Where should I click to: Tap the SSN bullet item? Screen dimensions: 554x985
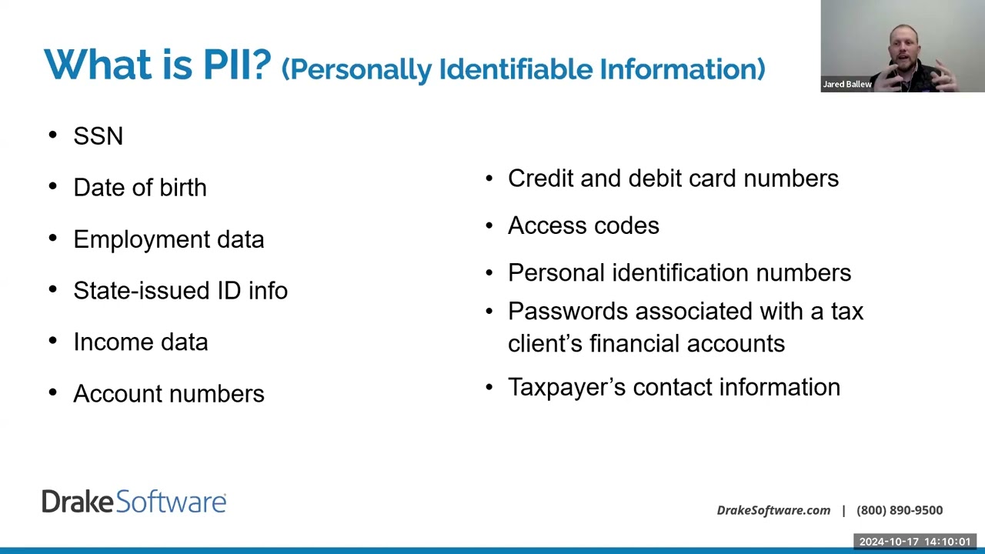[98, 136]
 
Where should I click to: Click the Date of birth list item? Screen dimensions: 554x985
[140, 188]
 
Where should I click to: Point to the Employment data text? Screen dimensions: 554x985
[169, 239]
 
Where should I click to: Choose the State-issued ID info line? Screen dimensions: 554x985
[180, 291]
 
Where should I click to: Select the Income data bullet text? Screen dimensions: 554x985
[140, 342]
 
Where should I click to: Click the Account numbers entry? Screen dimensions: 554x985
[169, 394]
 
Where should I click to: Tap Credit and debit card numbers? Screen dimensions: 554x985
[673, 179]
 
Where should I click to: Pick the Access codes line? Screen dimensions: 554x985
[583, 225]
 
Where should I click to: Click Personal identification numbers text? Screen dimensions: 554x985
[679, 273]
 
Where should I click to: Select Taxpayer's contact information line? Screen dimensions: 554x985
[673, 387]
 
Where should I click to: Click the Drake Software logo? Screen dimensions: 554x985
[134, 502]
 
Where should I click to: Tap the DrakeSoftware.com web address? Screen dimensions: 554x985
[773, 510]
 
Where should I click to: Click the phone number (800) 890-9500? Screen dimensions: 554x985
[899, 510]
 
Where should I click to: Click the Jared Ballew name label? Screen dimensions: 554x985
[846, 85]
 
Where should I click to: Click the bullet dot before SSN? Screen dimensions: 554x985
[52, 135]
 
